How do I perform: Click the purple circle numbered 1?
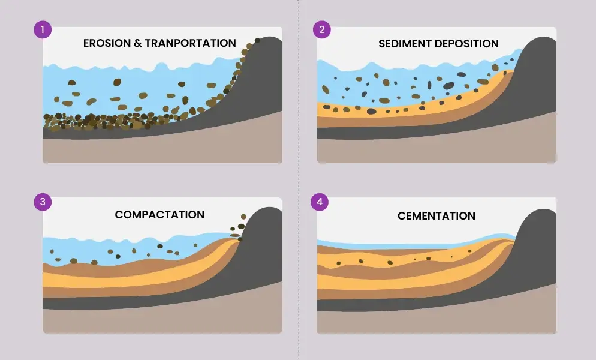[x=43, y=29]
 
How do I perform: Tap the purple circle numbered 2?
[x=322, y=29]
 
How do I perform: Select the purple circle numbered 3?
[x=43, y=202]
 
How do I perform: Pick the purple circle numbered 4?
[x=320, y=202]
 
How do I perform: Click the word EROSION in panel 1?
[x=107, y=43]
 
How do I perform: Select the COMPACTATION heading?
[x=159, y=215]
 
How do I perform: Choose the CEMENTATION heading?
[x=437, y=216]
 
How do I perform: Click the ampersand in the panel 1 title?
[x=137, y=43]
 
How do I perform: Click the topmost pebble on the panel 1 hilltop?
[x=257, y=40]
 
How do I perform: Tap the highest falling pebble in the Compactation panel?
[x=243, y=217]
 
